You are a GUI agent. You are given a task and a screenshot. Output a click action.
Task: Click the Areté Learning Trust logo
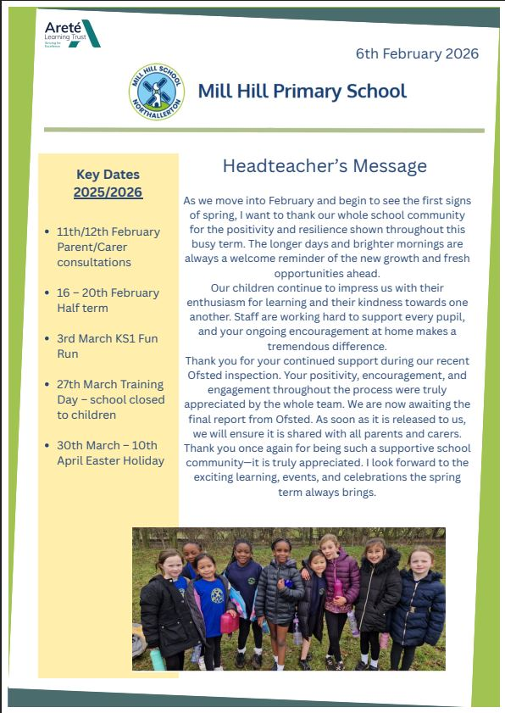click(72, 34)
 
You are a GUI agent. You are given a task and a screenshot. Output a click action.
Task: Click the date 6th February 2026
click(417, 53)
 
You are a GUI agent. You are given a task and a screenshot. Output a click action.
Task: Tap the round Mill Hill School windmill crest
click(155, 92)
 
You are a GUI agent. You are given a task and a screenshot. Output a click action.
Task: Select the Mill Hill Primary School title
click(302, 91)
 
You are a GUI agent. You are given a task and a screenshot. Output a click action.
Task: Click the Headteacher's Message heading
click(325, 165)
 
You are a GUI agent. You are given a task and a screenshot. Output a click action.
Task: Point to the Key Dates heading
click(108, 175)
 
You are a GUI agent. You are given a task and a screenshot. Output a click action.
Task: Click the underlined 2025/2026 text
click(108, 192)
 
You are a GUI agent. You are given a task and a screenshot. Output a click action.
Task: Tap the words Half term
click(82, 308)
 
